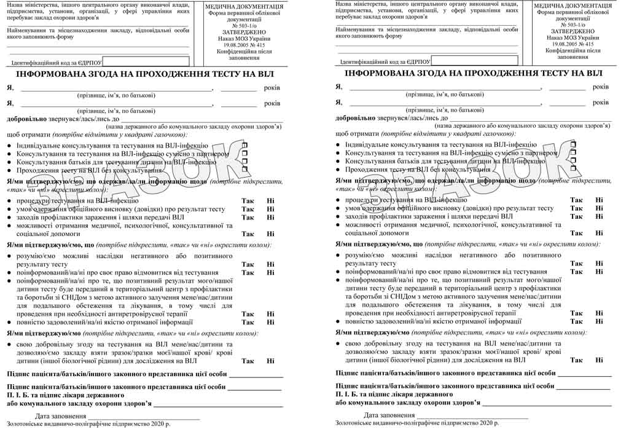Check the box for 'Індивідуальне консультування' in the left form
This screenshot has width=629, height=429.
coord(244,146)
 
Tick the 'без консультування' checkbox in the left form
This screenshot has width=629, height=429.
coord(244,169)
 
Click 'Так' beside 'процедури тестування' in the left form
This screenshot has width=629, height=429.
coord(248,201)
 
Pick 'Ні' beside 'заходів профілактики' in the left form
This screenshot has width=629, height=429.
coord(270,217)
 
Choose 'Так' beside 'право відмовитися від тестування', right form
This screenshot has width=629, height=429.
coord(576,272)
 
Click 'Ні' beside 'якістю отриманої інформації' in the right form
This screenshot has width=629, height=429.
coord(599,321)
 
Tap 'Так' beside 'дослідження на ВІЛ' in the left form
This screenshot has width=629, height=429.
coord(248,361)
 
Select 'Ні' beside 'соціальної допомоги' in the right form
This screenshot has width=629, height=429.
coord(599,234)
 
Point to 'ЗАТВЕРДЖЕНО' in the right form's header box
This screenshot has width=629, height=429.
coord(572,31)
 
